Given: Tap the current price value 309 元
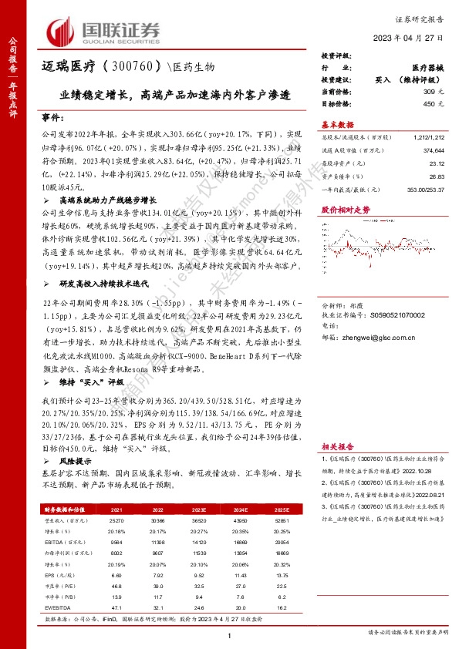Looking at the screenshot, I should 436,92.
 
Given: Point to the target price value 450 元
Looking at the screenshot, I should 436,103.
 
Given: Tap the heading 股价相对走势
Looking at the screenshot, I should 346,209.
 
